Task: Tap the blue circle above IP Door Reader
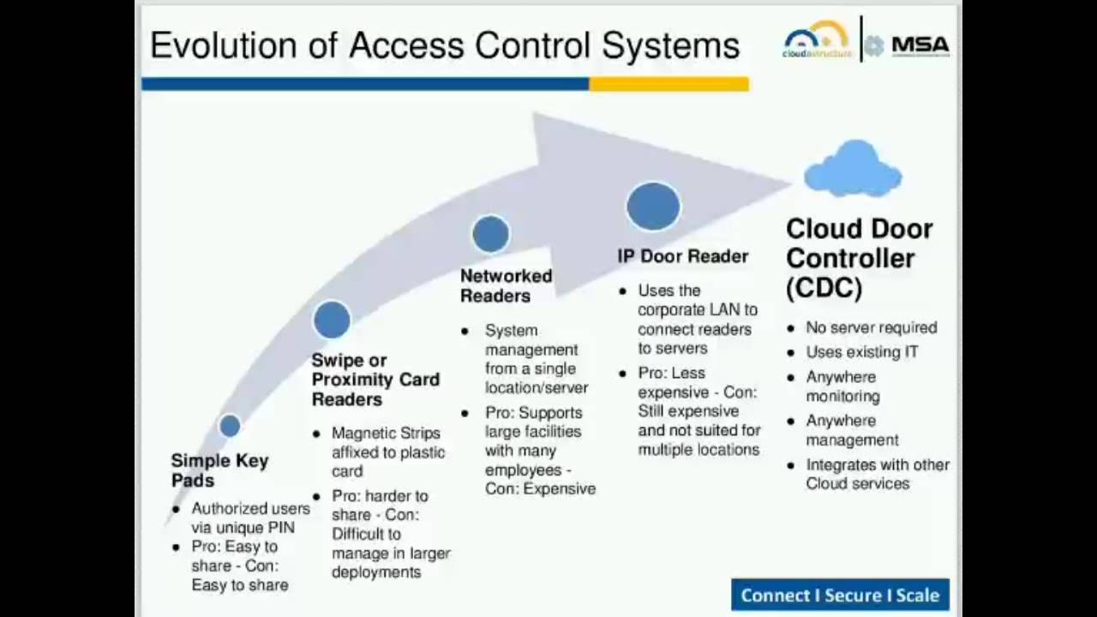click(x=653, y=207)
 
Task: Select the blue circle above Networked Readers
click(x=490, y=235)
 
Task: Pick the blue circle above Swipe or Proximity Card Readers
click(x=332, y=320)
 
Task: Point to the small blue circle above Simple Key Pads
click(x=230, y=426)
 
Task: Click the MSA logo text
click(x=920, y=45)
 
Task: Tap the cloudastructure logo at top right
click(x=817, y=40)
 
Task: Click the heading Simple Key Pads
click(x=219, y=470)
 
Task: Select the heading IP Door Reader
click(x=682, y=256)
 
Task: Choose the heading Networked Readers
click(x=506, y=285)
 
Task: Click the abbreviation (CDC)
click(x=824, y=288)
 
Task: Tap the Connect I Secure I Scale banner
click(x=840, y=595)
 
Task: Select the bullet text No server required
click(x=871, y=327)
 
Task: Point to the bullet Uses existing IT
click(x=861, y=352)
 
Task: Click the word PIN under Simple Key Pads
click(x=280, y=528)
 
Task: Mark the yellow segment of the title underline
click(x=668, y=84)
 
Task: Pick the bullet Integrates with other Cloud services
click(x=877, y=474)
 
